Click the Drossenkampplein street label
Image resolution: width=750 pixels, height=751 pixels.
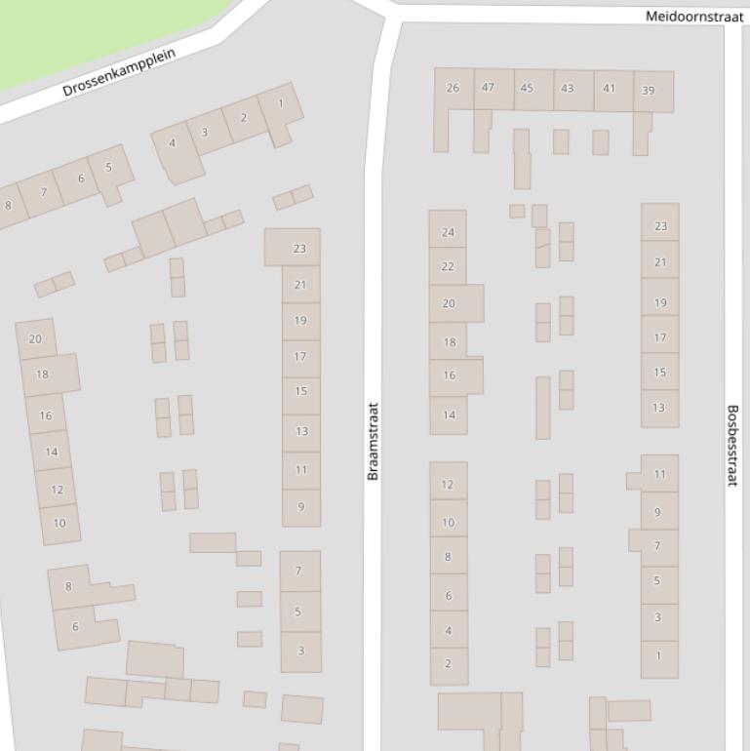[x=119, y=72]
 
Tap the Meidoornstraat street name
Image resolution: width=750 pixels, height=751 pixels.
[x=693, y=17]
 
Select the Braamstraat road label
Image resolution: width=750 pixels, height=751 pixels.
[x=373, y=441]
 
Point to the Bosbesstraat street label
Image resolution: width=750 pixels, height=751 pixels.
[x=732, y=446]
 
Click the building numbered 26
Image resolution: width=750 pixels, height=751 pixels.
[x=453, y=89]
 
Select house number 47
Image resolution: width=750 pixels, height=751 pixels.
[x=488, y=88]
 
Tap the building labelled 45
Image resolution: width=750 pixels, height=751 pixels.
[x=527, y=89]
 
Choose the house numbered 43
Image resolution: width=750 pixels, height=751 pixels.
[x=567, y=89]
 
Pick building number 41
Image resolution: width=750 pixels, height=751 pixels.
[x=609, y=89]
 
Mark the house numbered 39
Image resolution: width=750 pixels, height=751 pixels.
[x=649, y=91]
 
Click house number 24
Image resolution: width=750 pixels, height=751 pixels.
[x=448, y=232]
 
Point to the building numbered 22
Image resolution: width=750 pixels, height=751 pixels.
[x=448, y=266]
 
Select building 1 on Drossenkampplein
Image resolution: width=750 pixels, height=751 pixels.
[x=281, y=103]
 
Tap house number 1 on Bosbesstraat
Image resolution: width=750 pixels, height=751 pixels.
[x=658, y=655]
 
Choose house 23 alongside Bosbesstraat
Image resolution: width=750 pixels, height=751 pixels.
[x=660, y=226]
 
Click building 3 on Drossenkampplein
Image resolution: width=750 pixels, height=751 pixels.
[x=204, y=132]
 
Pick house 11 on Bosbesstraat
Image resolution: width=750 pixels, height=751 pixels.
[x=659, y=475]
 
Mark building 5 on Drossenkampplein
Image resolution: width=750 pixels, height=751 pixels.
[x=108, y=167]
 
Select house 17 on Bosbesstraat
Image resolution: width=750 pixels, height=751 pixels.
[x=660, y=338]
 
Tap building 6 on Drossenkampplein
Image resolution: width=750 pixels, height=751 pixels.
[x=81, y=178]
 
